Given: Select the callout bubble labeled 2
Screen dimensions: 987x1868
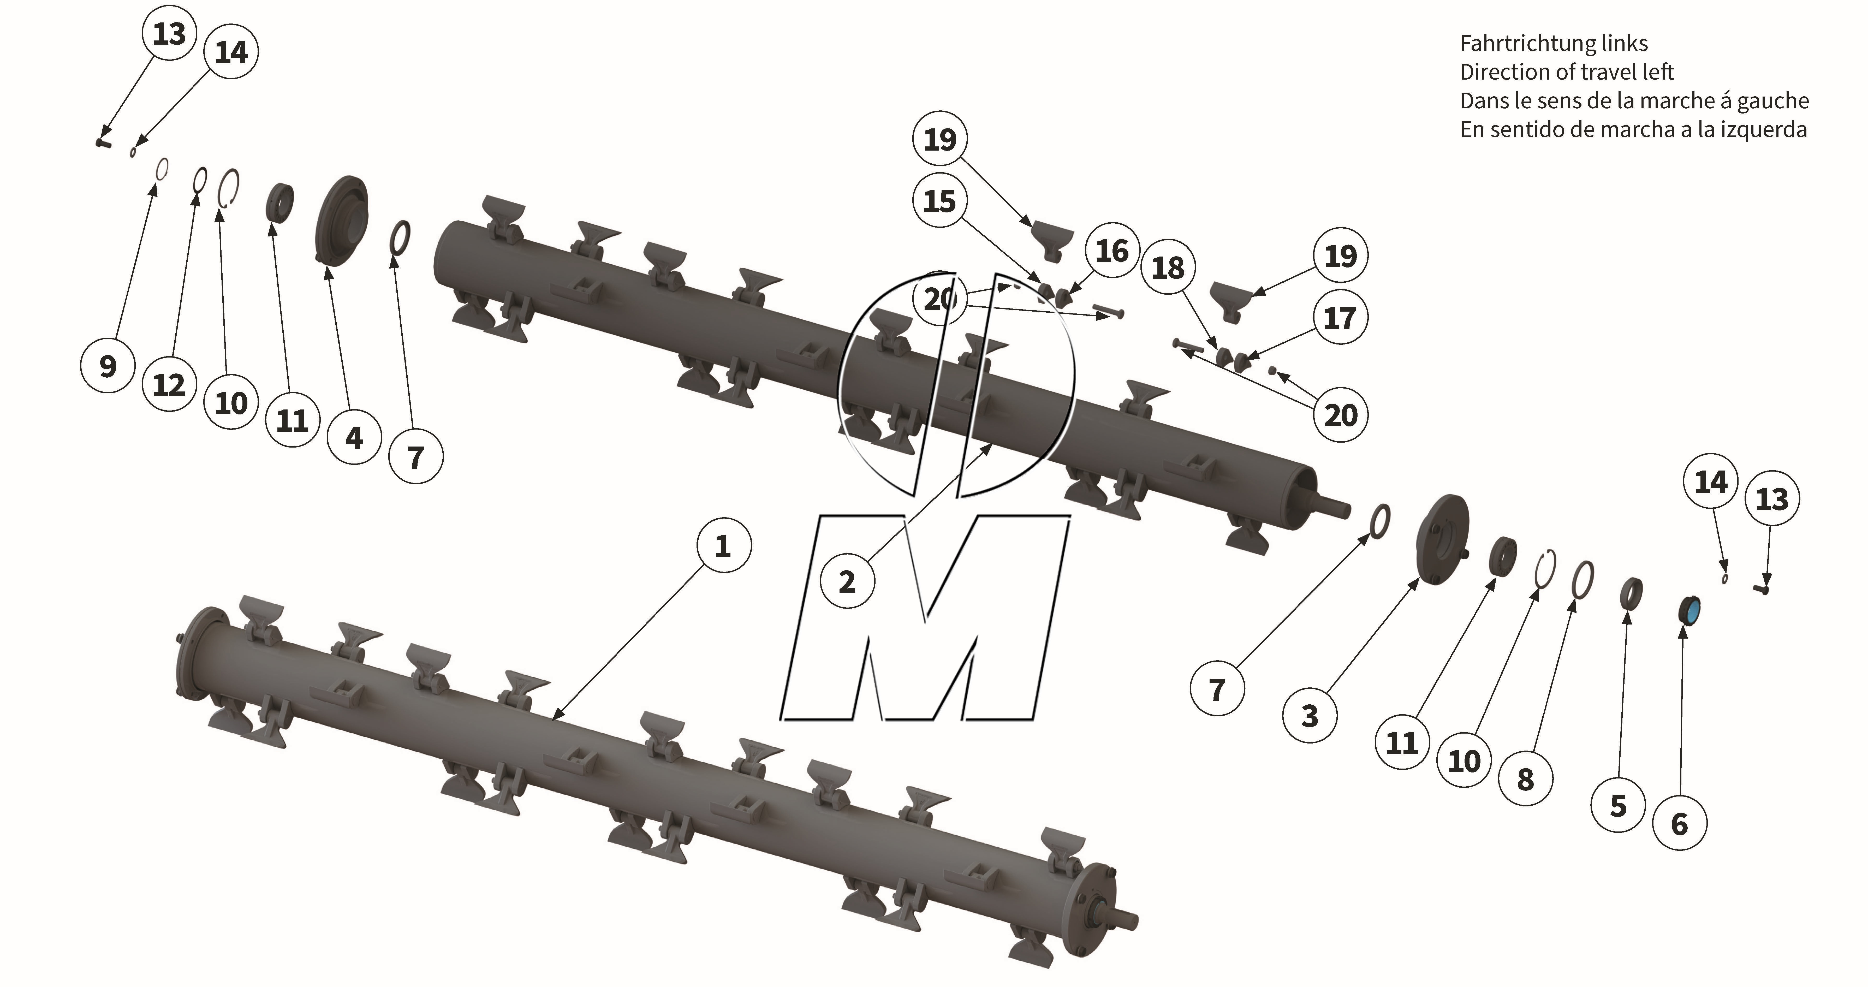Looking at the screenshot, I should click(x=847, y=582).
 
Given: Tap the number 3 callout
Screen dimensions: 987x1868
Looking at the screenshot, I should click(x=1310, y=716).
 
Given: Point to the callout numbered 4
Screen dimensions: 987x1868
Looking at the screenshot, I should click(x=354, y=437).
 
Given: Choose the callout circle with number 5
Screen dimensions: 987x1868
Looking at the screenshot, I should click(x=1618, y=806).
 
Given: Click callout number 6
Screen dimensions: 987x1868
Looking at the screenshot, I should click(x=1680, y=824).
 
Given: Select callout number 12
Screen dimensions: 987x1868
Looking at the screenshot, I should click(x=169, y=384).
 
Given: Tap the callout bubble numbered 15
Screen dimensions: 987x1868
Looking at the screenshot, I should click(x=940, y=201).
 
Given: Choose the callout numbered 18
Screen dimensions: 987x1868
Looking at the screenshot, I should click(x=1168, y=267).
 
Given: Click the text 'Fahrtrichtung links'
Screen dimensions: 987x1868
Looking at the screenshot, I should click(x=1553, y=44).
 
